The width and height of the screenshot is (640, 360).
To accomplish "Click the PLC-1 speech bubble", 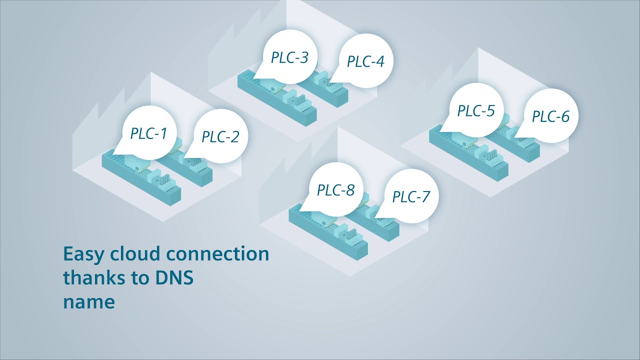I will point(148,133).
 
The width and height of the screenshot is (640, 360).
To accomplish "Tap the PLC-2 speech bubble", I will point(220,136).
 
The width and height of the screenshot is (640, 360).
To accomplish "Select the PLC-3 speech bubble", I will point(289,57).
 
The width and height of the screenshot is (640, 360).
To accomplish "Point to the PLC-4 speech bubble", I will point(365,61).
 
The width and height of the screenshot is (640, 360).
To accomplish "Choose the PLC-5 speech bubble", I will point(475,110).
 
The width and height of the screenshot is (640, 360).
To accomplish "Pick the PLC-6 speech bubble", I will point(550,116).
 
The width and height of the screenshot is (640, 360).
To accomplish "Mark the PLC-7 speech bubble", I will point(410,196).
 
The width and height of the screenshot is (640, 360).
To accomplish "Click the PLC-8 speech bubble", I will point(335,190).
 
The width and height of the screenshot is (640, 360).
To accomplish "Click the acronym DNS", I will point(171,278).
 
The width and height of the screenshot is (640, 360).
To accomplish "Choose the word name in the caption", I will point(89,302).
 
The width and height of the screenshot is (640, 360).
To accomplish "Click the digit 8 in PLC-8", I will point(350,190).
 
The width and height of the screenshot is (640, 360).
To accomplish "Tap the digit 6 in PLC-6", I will point(564,116).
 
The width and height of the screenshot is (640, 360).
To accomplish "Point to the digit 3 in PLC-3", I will point(304,57).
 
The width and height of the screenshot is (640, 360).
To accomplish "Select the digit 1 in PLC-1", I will point(163,133).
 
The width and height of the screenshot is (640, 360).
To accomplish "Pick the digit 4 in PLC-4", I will point(380,61).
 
